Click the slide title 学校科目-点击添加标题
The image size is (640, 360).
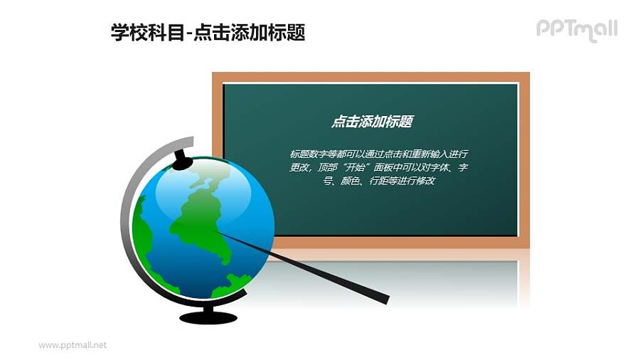(208, 32)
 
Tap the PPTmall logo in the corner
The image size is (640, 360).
(576, 29)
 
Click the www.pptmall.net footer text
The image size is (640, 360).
(73, 345)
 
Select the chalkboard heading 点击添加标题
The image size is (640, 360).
(371, 122)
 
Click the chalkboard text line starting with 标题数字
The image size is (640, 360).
(378, 154)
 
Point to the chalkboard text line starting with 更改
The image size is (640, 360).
(378, 168)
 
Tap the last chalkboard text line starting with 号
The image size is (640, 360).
(378, 181)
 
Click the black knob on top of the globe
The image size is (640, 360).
(183, 159)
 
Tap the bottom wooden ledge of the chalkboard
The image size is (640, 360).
(398, 243)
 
